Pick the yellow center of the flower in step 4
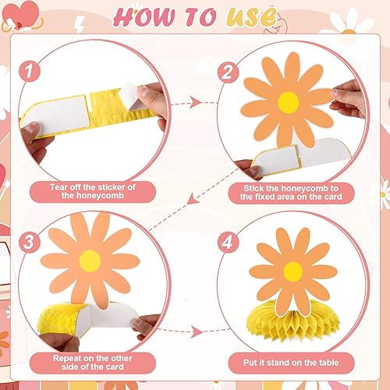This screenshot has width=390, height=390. point(292,271)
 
